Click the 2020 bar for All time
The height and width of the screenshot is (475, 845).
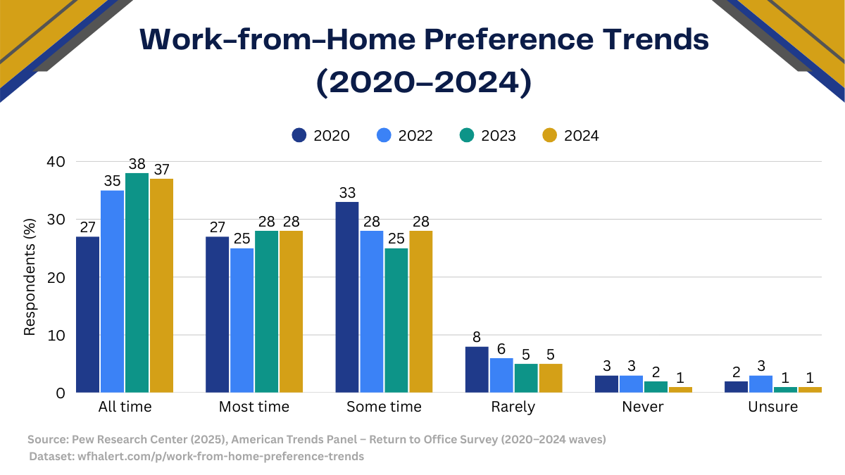tap(87, 314)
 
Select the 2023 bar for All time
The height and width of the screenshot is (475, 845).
tap(137, 282)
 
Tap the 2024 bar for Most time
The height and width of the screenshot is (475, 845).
tap(291, 311)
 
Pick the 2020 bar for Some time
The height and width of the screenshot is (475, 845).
tap(347, 297)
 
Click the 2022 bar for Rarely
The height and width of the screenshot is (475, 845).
tap(501, 374)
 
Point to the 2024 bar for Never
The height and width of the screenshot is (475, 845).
tap(680, 389)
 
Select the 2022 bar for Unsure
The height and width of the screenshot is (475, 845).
tap(760, 384)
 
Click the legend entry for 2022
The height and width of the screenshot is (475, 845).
tap(404, 136)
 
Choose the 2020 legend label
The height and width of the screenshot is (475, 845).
tap(332, 136)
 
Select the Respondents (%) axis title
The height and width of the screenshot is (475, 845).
tap(30, 277)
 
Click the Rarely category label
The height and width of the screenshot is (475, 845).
tap(513, 407)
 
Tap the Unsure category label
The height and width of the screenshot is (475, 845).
tap(773, 407)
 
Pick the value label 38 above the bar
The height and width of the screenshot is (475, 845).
tap(137, 163)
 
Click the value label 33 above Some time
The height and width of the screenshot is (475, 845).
tap(347, 192)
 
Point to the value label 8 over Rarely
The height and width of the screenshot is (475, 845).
tap(477, 337)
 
